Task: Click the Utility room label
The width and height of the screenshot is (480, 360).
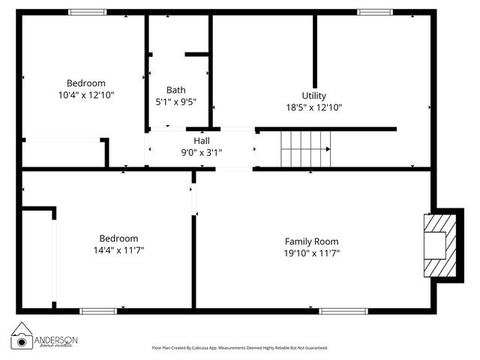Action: pos(313,95)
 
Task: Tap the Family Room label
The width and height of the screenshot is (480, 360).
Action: pos(311,241)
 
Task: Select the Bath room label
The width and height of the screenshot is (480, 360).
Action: pos(176,89)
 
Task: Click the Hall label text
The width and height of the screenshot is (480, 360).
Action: pos(202,140)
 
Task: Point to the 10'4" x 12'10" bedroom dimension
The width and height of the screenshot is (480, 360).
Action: pos(86,95)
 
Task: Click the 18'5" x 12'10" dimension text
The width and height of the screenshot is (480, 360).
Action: pos(313,107)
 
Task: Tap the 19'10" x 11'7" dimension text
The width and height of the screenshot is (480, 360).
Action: pos(311,253)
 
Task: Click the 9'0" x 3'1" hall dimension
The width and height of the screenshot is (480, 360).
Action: pos(202,152)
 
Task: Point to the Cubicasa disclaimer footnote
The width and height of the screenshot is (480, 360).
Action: pos(240,348)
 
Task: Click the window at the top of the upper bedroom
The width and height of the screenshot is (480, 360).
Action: pos(88,12)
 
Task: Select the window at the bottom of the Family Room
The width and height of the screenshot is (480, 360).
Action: pos(343,310)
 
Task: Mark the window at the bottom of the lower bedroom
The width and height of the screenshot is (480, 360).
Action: pos(98,310)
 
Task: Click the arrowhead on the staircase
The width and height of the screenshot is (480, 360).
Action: pos(328,148)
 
